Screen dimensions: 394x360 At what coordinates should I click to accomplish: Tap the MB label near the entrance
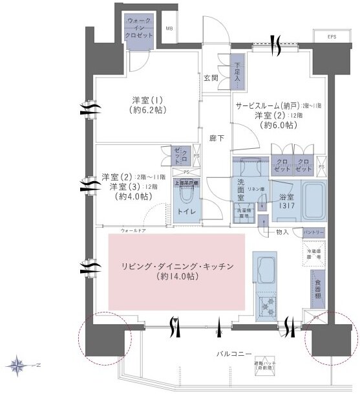[x=169, y=29]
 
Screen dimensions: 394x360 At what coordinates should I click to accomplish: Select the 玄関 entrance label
[x=211, y=78]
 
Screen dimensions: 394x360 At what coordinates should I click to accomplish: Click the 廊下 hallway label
[x=217, y=138]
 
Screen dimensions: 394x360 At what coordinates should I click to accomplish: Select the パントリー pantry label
[x=313, y=232]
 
